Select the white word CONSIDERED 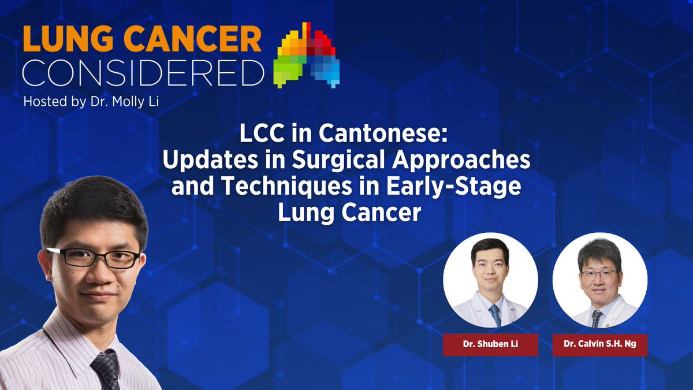144,73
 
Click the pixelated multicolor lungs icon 307,55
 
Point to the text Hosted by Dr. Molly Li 91,102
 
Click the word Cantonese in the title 383,133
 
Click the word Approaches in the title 461,161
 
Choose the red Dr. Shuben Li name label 490,344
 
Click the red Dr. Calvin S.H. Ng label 600,344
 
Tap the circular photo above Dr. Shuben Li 490,280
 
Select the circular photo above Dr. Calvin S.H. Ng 600,280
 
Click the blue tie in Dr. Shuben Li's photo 495,315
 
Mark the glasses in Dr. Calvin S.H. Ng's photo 599,275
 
